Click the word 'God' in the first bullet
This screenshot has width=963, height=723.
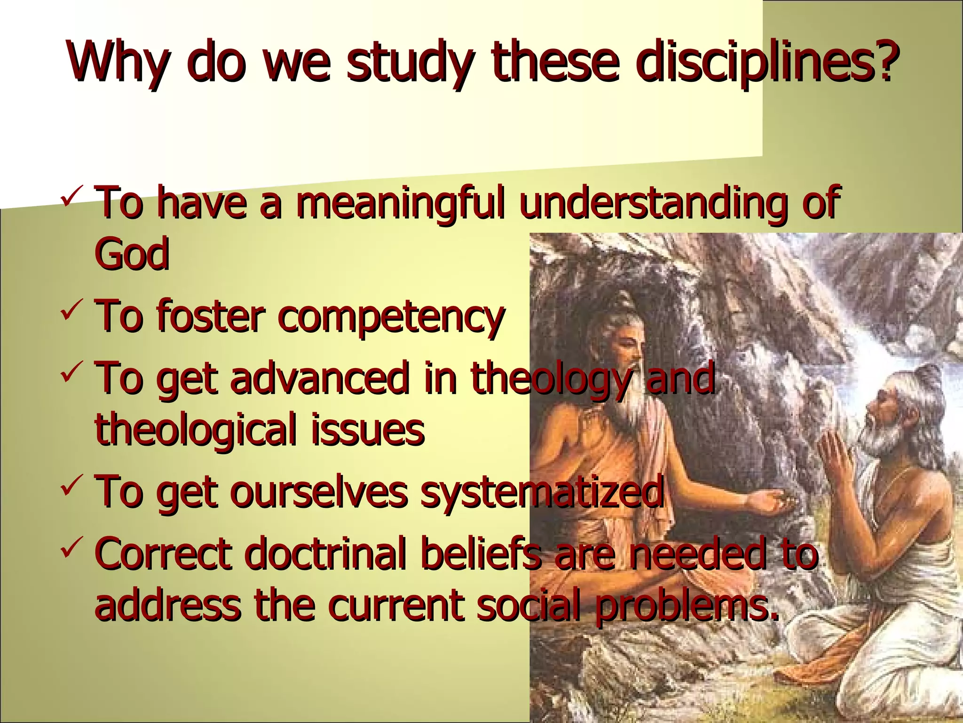(132, 254)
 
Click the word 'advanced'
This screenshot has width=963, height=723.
(320, 379)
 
